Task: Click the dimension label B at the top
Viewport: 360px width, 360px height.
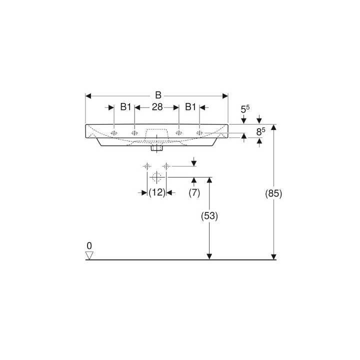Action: (x=157, y=95)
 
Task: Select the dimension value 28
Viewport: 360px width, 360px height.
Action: (x=157, y=107)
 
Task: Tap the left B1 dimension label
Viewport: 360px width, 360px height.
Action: (x=125, y=107)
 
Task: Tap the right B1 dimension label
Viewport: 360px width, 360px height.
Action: (x=190, y=107)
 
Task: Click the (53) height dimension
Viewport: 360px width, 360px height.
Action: (x=209, y=216)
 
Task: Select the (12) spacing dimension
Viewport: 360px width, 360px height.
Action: (x=157, y=192)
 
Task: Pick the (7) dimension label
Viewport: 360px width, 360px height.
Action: (x=194, y=192)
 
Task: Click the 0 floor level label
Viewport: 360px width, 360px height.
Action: (x=89, y=246)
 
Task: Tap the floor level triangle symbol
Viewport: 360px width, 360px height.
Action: (x=89, y=255)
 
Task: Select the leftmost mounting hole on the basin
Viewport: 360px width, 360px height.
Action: (x=114, y=133)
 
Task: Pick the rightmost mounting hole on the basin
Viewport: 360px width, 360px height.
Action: (x=199, y=133)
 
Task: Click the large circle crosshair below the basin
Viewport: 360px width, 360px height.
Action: (x=157, y=177)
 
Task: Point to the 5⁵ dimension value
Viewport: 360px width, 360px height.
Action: (x=245, y=108)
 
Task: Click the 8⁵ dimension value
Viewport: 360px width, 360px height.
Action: (x=260, y=132)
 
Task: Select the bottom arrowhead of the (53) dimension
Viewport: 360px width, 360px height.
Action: (x=209, y=256)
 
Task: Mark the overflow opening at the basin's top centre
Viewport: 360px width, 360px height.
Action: (x=157, y=132)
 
